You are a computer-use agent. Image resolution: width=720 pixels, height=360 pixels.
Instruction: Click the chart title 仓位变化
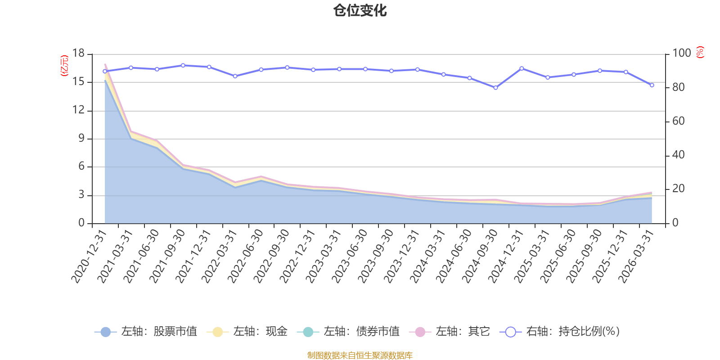click(360, 10)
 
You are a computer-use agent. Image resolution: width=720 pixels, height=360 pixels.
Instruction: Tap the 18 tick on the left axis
click(78, 54)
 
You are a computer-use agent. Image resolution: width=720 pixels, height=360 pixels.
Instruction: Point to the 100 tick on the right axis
click(681, 54)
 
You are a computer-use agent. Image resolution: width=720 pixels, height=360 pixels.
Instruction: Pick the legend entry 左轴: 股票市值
click(146, 332)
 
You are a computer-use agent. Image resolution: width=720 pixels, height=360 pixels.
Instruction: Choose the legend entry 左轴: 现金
click(247, 332)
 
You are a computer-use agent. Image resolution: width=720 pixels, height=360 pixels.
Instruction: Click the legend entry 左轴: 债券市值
click(349, 332)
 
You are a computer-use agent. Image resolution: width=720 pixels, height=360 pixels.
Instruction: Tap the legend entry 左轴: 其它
click(450, 332)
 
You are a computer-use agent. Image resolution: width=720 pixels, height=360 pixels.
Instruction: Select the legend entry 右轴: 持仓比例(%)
click(560, 332)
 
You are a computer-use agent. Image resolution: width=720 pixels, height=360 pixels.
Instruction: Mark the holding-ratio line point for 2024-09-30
click(495, 88)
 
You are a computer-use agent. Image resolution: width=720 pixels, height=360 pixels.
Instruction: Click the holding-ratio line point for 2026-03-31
click(652, 85)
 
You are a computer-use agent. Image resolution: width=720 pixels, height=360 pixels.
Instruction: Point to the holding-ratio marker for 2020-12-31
click(105, 71)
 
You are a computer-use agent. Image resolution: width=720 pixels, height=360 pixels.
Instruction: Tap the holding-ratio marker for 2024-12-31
click(522, 68)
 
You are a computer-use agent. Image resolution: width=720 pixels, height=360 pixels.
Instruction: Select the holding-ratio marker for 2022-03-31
click(235, 76)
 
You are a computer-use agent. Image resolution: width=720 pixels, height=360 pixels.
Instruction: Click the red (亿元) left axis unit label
click(64, 66)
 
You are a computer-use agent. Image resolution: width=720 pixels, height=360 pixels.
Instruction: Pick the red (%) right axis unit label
click(700, 53)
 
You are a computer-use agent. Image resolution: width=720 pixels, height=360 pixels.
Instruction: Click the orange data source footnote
click(360, 355)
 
